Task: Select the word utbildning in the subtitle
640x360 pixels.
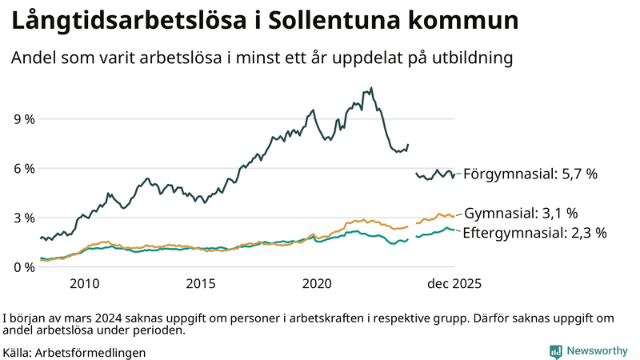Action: tap(468, 58)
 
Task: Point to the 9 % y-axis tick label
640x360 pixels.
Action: tap(25, 119)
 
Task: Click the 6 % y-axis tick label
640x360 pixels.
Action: tap(25, 169)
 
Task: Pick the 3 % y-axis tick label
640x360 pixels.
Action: tap(25, 218)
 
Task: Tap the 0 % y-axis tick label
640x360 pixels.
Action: tap(25, 267)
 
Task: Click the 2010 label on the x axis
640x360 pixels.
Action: tap(84, 284)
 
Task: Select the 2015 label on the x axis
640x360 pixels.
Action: tap(201, 284)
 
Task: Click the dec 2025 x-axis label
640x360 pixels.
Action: tap(454, 284)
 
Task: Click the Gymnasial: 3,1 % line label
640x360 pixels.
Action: tap(521, 213)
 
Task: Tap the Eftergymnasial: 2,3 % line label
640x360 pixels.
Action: tap(535, 234)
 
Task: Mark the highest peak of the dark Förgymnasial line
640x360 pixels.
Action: tap(371, 88)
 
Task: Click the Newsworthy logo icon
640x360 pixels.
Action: tap(555, 351)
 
